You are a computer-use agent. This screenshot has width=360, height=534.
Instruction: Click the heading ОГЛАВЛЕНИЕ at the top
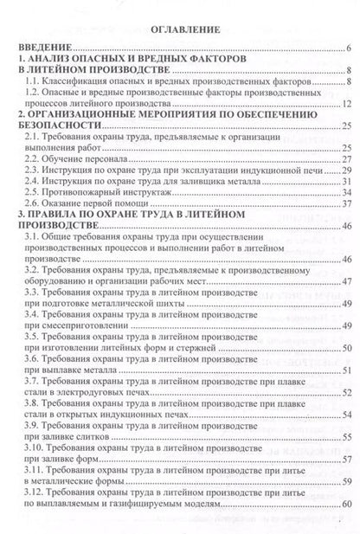pyautogui.click(x=180, y=28)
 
